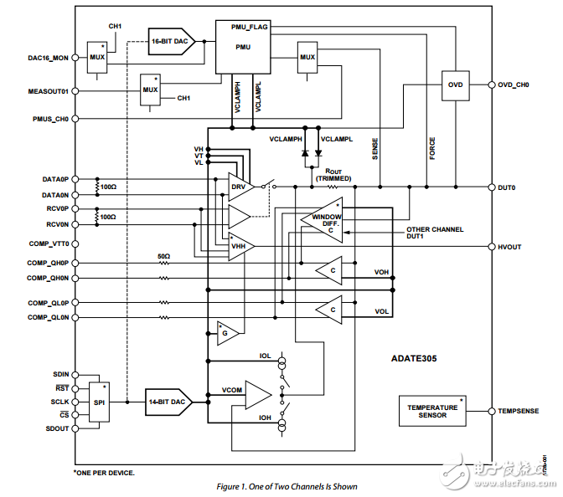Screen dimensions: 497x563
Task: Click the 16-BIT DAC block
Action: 171,40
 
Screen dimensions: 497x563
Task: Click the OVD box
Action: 455,85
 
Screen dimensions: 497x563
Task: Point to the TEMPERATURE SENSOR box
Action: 432,412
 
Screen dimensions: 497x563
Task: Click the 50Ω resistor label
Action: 163,255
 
